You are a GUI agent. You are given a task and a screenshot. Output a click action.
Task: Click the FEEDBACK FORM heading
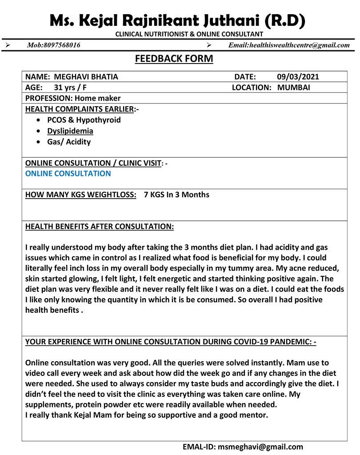(x=174, y=59)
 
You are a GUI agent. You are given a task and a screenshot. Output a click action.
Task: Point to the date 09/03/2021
(x=298, y=77)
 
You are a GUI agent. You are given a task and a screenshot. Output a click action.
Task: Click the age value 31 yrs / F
(x=70, y=88)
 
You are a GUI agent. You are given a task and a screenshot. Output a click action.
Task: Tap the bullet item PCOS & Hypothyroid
(x=84, y=120)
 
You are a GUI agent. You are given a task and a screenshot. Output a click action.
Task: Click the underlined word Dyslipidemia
(x=70, y=131)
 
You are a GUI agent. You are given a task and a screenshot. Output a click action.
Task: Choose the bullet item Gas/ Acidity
(x=69, y=142)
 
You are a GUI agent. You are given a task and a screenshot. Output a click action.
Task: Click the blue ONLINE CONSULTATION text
(x=68, y=173)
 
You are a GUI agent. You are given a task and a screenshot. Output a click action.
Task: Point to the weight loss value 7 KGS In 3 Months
(x=176, y=195)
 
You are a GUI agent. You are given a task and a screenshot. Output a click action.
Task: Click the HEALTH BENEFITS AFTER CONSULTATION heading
(x=100, y=227)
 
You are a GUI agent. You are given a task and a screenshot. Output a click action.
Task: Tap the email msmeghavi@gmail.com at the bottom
(x=260, y=447)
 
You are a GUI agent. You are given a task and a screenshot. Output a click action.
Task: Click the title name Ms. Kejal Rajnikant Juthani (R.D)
(x=177, y=20)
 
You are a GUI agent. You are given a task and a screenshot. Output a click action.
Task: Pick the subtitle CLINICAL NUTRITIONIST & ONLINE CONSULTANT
(x=189, y=34)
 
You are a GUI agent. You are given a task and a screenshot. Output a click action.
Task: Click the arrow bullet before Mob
(x=7, y=45)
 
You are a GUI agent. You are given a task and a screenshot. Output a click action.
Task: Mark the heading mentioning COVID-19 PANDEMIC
(x=171, y=342)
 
